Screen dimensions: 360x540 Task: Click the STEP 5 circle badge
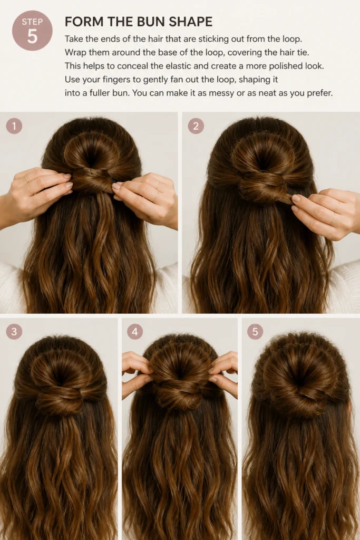[x=32, y=30]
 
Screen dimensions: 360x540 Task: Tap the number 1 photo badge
[x=14, y=126]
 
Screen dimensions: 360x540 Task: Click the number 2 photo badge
[x=196, y=126]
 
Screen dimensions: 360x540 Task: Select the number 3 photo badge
[x=14, y=332]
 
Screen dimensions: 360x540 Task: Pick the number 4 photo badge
[x=135, y=332]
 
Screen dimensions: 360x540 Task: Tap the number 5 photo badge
[x=255, y=332]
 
